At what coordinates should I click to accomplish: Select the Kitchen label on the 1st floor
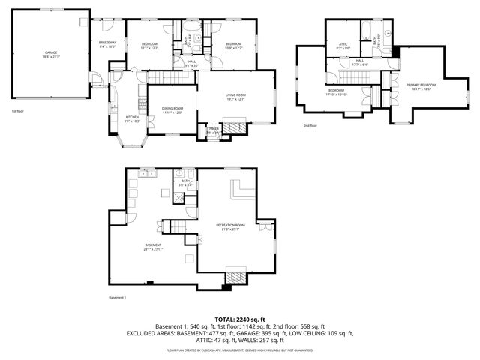point(132,118)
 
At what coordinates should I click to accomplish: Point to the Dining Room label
point(172,110)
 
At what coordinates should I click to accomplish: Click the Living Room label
point(236,97)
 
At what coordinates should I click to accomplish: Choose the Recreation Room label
point(230,226)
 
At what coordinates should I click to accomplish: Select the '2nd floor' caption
point(310,126)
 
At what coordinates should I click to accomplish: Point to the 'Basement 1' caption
point(117,298)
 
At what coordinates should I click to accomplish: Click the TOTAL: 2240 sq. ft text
point(240,319)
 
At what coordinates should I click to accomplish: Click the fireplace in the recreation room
point(235,278)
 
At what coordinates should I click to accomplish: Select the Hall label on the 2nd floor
point(360,63)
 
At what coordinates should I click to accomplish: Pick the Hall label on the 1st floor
point(192,64)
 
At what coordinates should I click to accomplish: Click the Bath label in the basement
point(184,183)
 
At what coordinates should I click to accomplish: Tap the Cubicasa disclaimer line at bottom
point(240,349)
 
